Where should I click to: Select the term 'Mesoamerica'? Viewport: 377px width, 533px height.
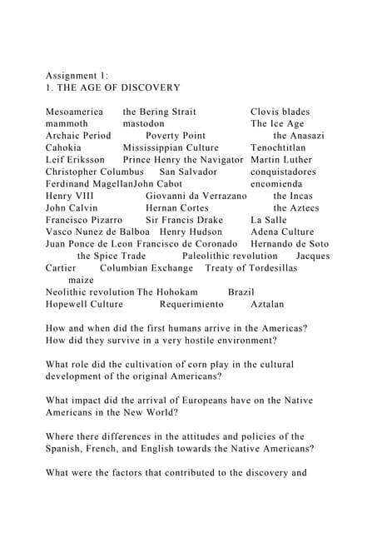pyautogui.click(x=75, y=112)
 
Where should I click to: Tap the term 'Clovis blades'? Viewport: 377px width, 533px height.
pyautogui.click(x=280, y=112)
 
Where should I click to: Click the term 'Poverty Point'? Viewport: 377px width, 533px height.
pyautogui.click(x=176, y=136)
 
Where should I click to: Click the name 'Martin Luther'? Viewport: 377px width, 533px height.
pyautogui.click(x=281, y=160)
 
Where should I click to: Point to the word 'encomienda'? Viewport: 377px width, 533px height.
pyautogui.click(x=276, y=184)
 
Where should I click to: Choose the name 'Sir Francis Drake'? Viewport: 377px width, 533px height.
pyautogui.click(x=185, y=220)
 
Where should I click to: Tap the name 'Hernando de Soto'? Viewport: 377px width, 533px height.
pyautogui.click(x=290, y=244)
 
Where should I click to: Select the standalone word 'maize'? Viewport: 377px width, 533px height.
pyautogui.click(x=80, y=281)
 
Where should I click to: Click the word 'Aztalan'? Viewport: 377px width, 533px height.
pyautogui.click(x=267, y=305)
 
